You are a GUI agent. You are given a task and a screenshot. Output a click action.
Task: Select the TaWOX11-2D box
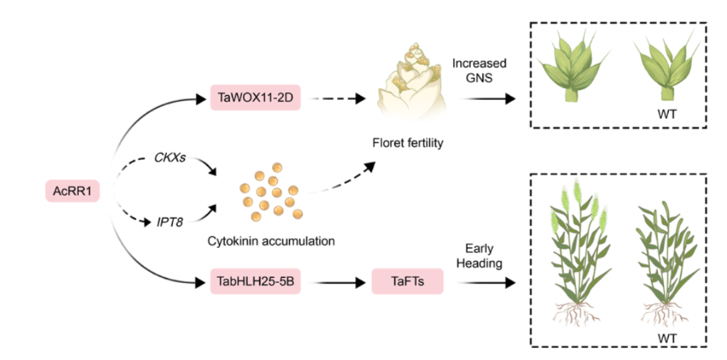pyautogui.click(x=255, y=98)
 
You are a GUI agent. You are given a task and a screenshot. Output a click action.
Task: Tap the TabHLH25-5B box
pyautogui.click(x=256, y=280)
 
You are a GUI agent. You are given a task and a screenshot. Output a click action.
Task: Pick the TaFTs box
pyautogui.click(x=406, y=280)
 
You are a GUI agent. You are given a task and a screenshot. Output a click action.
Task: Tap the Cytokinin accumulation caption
pyautogui.click(x=270, y=240)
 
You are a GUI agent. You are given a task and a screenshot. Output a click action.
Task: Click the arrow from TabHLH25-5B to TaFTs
pyautogui.click(x=334, y=280)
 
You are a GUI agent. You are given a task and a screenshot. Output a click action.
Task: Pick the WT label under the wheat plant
pyautogui.click(x=667, y=339)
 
